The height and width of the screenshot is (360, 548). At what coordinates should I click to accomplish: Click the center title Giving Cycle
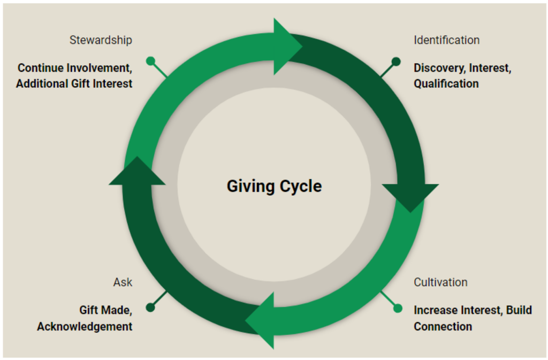[x=274, y=186]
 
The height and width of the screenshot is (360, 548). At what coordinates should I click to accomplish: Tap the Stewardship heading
[x=101, y=40]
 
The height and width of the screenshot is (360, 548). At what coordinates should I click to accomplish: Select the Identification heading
[x=446, y=40]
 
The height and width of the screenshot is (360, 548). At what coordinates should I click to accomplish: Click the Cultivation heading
[x=440, y=282]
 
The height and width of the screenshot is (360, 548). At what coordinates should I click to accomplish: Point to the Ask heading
[x=123, y=282]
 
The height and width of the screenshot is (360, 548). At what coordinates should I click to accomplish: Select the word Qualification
[x=446, y=83]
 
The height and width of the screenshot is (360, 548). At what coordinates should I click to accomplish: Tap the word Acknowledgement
[x=85, y=326]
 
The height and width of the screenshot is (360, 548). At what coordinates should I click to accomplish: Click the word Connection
[x=443, y=326]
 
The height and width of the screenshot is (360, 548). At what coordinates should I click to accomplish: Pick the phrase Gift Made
[x=105, y=310]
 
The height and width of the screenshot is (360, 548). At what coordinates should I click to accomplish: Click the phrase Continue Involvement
[x=74, y=68]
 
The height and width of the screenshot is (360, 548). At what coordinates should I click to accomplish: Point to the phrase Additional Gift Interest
[x=74, y=83]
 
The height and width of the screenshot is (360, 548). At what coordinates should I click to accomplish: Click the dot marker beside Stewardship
[x=150, y=61]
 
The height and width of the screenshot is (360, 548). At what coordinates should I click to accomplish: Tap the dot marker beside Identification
[x=396, y=62]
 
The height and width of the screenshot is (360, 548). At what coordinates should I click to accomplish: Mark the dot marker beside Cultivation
[x=398, y=308]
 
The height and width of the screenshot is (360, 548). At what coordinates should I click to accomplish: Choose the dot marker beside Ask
[x=150, y=308]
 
